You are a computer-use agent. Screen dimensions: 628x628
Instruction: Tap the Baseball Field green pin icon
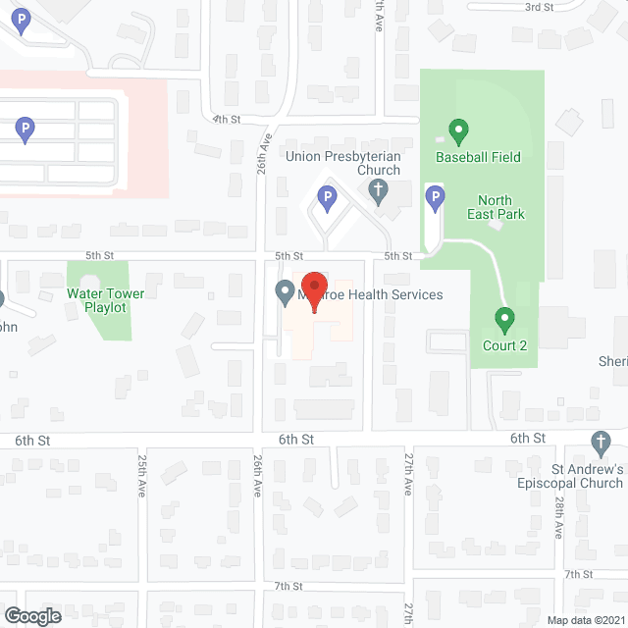tap(457, 131)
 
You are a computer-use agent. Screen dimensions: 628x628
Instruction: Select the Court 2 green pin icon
tap(504, 319)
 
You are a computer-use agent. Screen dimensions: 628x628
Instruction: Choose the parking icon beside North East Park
tap(435, 199)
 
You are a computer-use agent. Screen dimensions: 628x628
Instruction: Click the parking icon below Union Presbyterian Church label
tap(327, 200)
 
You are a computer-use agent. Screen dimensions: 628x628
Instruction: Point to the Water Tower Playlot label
tap(105, 300)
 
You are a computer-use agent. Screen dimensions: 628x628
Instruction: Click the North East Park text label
tap(501, 207)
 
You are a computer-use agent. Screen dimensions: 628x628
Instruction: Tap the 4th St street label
tap(227, 120)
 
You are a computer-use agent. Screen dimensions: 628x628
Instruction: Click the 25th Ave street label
tap(143, 474)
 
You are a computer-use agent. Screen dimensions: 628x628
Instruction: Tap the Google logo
tap(31, 615)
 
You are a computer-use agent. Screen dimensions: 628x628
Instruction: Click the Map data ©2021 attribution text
tap(585, 618)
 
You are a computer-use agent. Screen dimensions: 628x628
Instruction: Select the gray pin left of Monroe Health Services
tap(285, 291)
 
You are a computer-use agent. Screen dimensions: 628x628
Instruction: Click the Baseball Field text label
tap(479, 157)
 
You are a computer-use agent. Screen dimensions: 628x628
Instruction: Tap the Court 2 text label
tap(504, 345)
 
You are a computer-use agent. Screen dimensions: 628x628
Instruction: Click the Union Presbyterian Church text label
tap(342, 163)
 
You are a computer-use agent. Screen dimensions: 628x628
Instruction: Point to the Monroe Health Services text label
tap(373, 294)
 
